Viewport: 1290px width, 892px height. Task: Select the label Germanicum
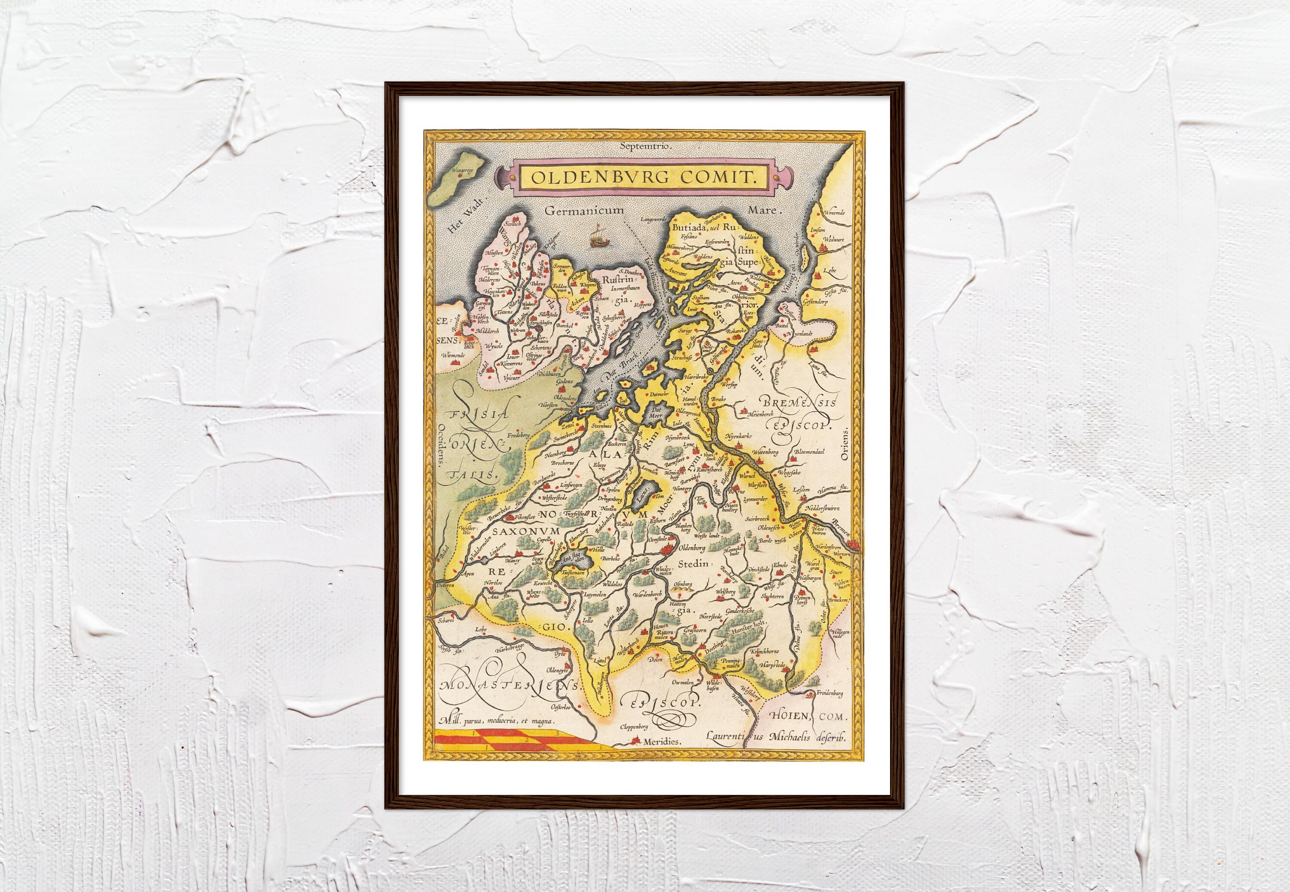click(576, 211)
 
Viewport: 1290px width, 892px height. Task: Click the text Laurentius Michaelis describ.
click(776, 737)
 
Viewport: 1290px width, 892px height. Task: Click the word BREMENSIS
click(799, 402)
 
